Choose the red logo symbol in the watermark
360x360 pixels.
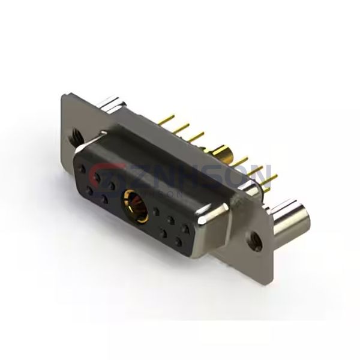[100, 176]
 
